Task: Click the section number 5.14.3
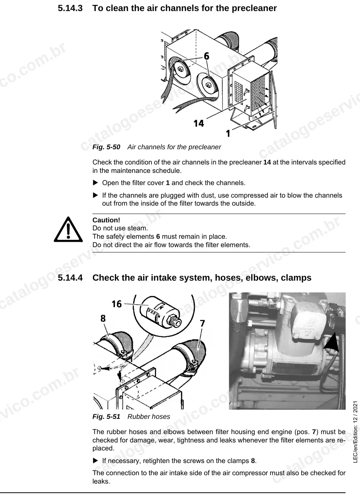pyautogui.click(x=70, y=8)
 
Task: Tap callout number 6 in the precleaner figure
pyautogui.click(x=206, y=56)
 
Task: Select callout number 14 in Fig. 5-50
pyautogui.click(x=199, y=123)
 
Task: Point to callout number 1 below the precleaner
pyautogui.click(x=228, y=133)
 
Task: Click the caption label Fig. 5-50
pyautogui.click(x=106, y=147)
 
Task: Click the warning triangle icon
pyautogui.click(x=68, y=229)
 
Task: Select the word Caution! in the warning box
pyautogui.click(x=106, y=220)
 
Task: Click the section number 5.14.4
pyautogui.click(x=70, y=278)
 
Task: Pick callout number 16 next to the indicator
pyautogui.click(x=116, y=304)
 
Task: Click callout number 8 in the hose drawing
pyautogui.click(x=103, y=318)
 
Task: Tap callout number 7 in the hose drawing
pyautogui.click(x=202, y=324)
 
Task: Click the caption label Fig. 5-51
pyautogui.click(x=106, y=417)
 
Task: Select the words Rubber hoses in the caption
pyautogui.click(x=149, y=417)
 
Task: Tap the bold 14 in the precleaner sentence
pyautogui.click(x=267, y=162)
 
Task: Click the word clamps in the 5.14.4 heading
pyautogui.click(x=296, y=278)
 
